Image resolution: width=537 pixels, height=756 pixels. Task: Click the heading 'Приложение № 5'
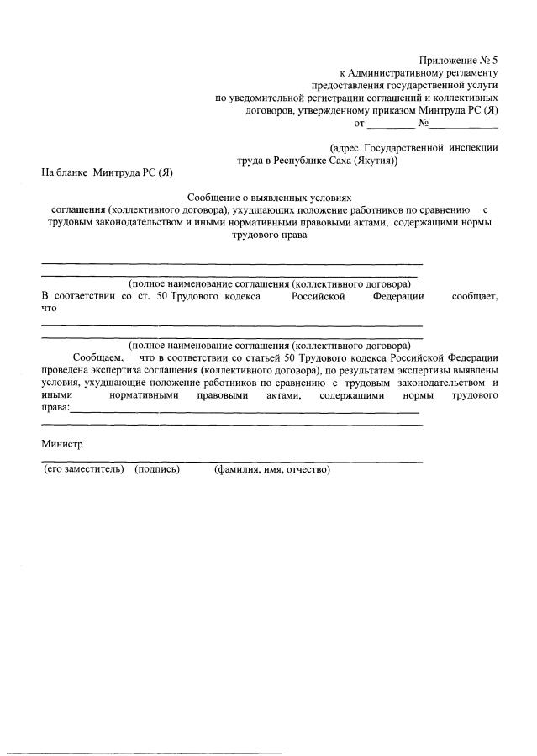tap(459, 60)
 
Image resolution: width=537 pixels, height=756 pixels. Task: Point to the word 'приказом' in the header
tap(409, 110)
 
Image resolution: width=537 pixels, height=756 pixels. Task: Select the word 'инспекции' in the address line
tap(473, 147)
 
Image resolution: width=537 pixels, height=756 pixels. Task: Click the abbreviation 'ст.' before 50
tap(134, 296)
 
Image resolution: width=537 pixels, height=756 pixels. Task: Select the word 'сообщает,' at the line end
tap(475, 296)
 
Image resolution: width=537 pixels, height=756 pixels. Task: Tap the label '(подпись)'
tap(157, 469)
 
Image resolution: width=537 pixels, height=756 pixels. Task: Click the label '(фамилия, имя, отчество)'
tap(272, 469)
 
